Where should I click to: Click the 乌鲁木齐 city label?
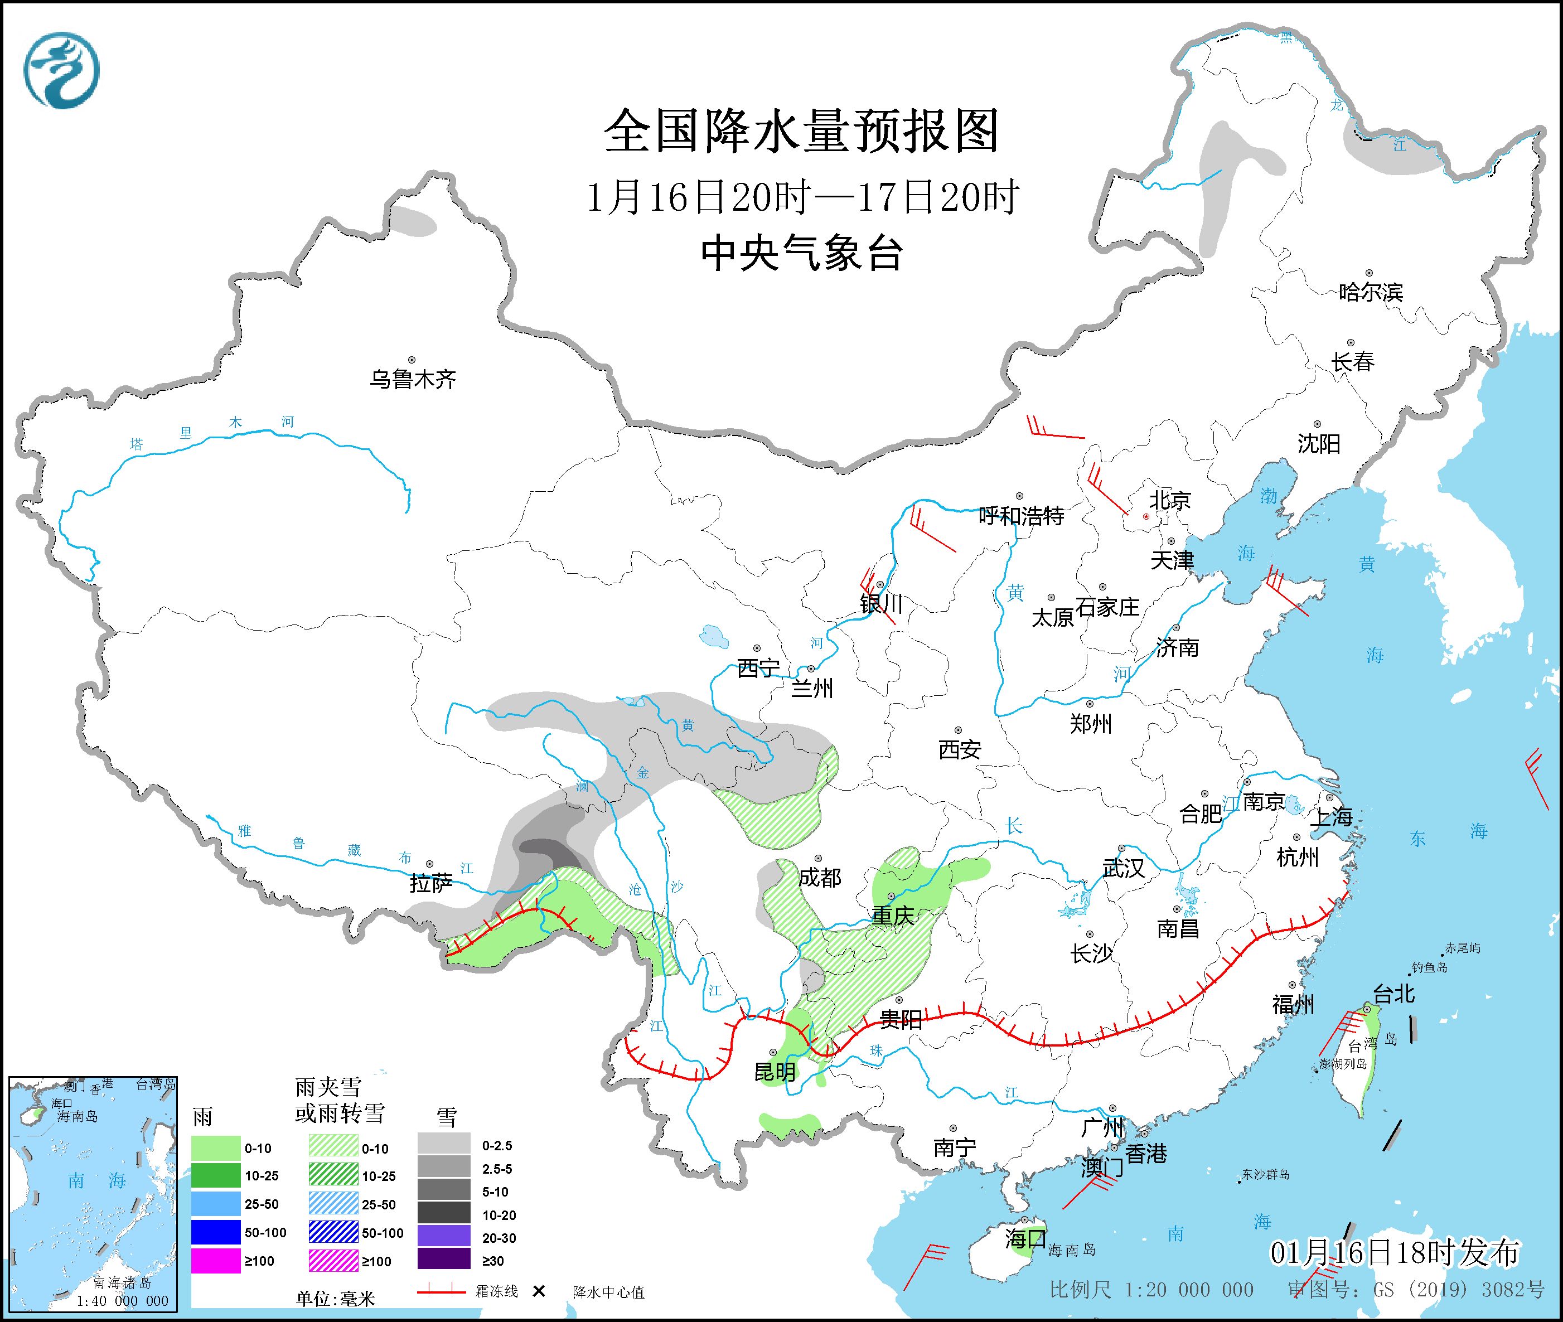coord(412,379)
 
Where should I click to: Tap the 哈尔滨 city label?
coord(1370,292)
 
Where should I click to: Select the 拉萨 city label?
coord(430,884)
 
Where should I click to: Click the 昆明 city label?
coord(775,1072)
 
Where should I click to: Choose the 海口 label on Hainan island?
coord(1025,1238)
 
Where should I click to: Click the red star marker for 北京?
coord(1145,517)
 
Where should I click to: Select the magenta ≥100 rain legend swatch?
coord(215,1261)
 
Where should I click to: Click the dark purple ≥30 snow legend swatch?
coord(444,1261)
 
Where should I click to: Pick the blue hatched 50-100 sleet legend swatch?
coord(333,1233)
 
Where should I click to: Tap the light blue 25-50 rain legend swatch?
coord(215,1204)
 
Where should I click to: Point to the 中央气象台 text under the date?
coord(801,253)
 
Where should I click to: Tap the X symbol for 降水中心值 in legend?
coord(538,1291)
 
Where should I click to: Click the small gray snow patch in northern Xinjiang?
coord(414,222)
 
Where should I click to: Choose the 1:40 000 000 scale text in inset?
coord(122,1301)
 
